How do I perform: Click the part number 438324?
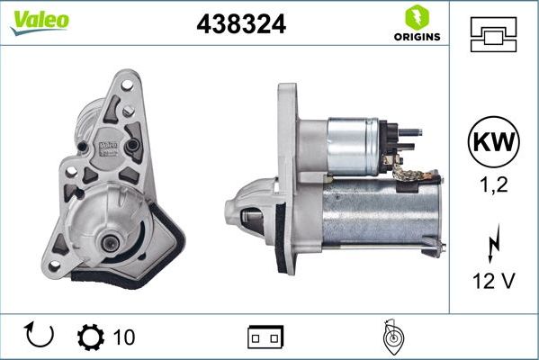click(241, 24)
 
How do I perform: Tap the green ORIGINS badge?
click(416, 24)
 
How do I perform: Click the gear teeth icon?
click(91, 337)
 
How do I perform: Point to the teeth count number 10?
click(124, 337)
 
